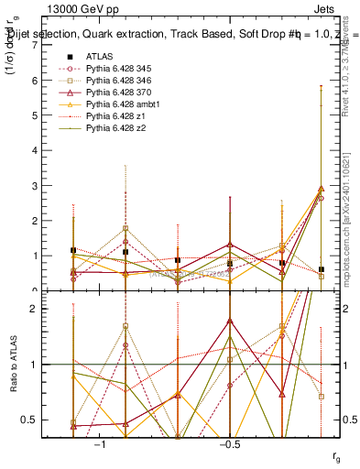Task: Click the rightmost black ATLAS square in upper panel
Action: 321,269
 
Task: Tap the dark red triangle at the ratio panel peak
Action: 230,322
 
